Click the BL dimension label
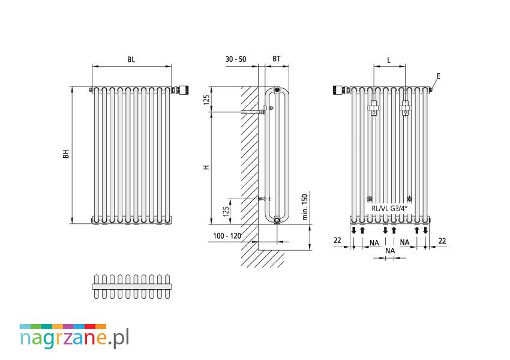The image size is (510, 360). point(131,59)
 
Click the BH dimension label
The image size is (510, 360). point(66,154)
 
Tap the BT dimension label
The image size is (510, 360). point(277,59)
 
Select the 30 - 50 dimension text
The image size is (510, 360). point(236,59)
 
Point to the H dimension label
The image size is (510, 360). point(206,167)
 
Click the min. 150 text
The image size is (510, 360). point(305,207)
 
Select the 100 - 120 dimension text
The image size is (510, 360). point(227,236)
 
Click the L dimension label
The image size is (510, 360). point(389,61)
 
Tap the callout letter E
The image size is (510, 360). point(439,76)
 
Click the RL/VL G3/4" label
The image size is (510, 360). point(389,208)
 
